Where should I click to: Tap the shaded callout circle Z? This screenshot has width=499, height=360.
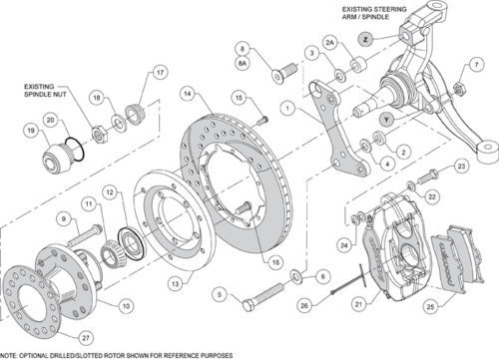click(x=366, y=39)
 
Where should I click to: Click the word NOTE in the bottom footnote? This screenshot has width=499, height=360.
click(x=11, y=355)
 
